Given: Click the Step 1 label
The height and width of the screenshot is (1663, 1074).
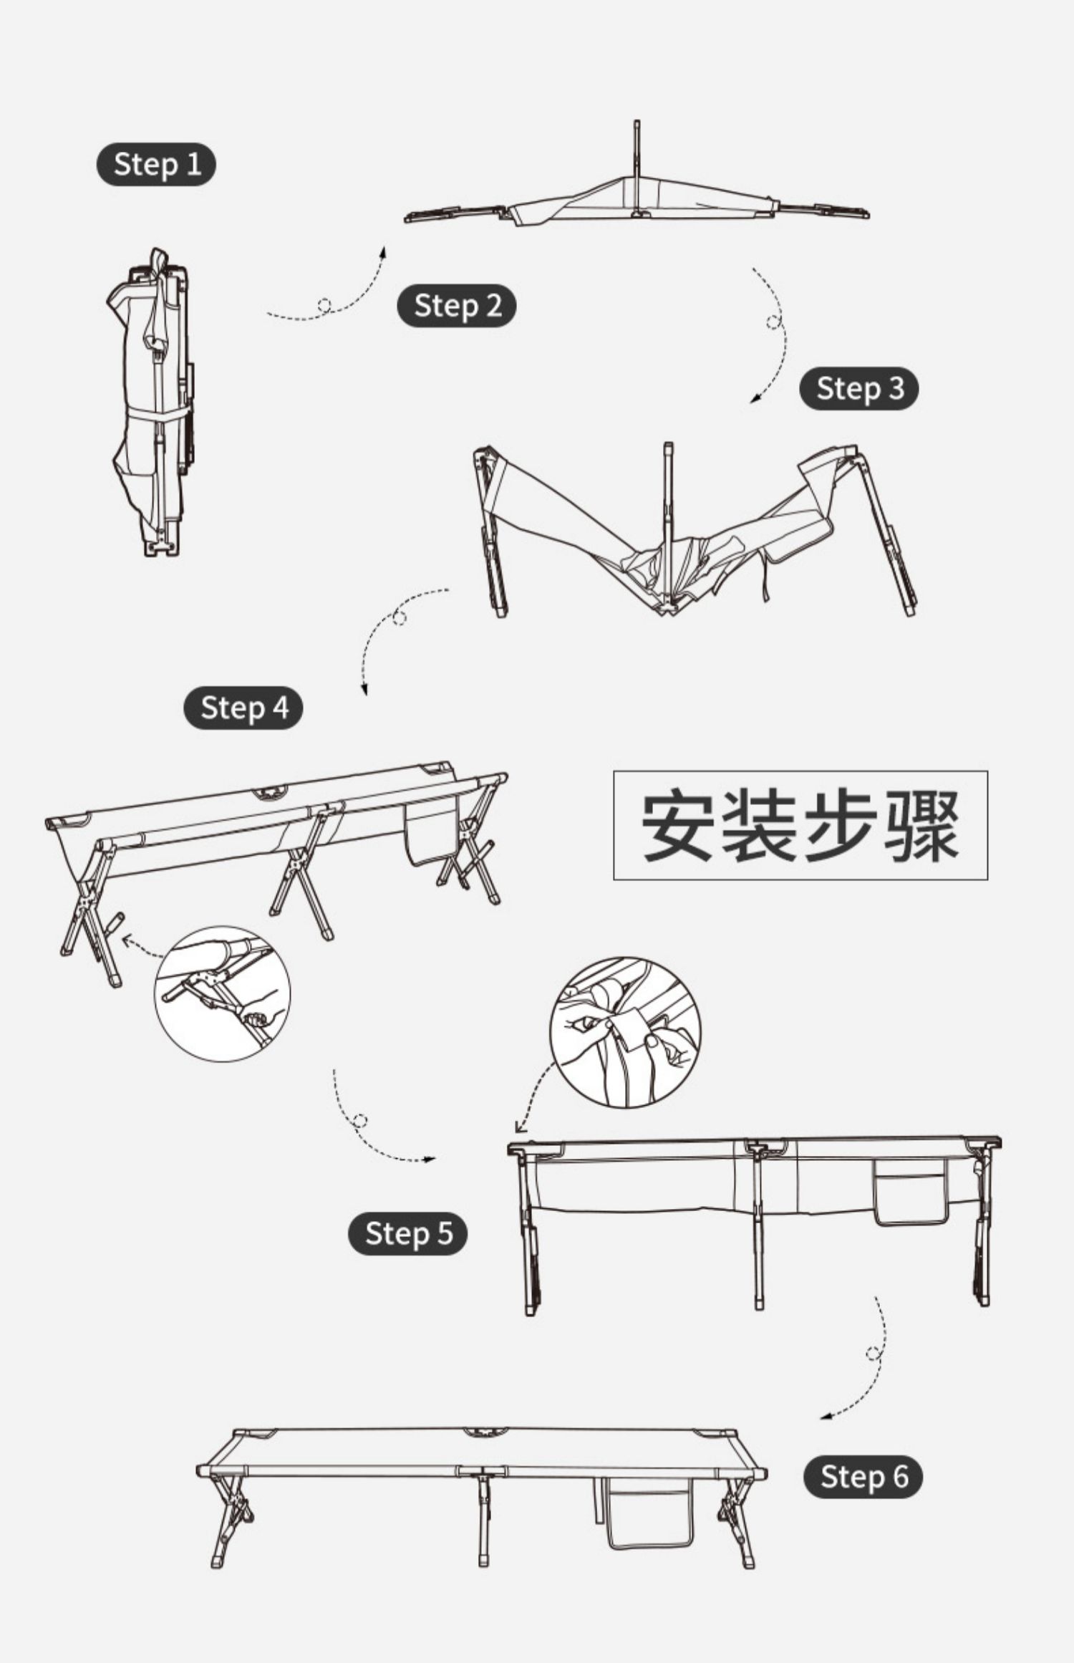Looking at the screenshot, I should (x=156, y=164).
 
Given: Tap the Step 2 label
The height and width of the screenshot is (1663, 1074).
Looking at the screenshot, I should (x=457, y=306).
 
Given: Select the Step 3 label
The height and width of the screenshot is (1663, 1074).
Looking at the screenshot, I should (x=858, y=388).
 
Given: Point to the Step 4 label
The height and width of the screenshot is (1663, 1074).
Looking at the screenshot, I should (x=243, y=708).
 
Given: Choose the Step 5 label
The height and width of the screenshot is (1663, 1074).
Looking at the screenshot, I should (x=407, y=1233).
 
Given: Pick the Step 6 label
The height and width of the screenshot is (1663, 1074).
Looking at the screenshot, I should (x=863, y=1476).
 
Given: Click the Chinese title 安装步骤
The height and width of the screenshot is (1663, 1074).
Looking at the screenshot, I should (x=800, y=825).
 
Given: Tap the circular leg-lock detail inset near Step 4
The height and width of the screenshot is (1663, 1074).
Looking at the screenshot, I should (x=223, y=993).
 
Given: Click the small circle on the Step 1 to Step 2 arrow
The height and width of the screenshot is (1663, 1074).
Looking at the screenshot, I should (x=324, y=305).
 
